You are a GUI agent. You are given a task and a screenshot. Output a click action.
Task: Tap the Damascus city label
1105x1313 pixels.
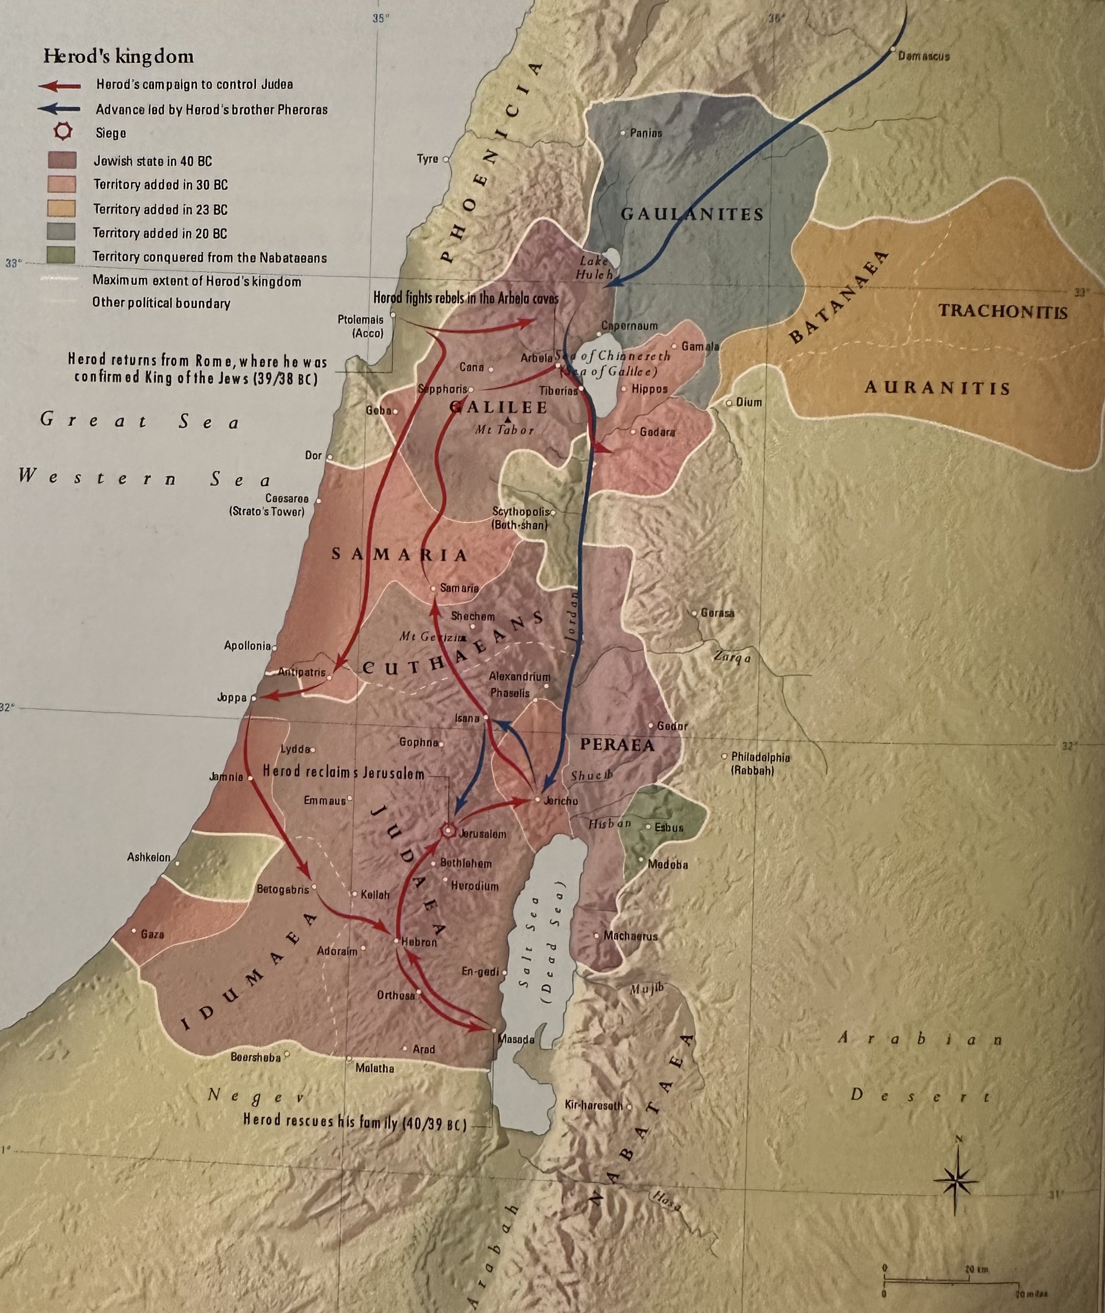[923, 57]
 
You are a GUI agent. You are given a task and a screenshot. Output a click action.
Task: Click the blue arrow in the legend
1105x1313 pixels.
[59, 109]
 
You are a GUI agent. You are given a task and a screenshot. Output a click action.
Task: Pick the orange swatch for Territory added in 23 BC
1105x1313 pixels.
[61, 209]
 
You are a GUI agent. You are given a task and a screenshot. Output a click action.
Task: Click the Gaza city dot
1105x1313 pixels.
[133, 931]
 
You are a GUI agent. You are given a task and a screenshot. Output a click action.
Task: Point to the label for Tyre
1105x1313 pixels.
[428, 159]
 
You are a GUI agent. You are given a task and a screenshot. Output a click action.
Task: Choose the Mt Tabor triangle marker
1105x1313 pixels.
[507, 419]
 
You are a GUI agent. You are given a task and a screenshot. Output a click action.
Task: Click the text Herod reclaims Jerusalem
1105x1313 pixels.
[343, 773]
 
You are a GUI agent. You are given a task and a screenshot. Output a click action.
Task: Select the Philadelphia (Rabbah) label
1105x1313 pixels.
[760, 764]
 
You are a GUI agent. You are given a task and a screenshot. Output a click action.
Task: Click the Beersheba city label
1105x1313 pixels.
[255, 1058]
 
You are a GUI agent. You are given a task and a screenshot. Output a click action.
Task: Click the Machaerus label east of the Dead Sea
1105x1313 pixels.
[630, 936]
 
